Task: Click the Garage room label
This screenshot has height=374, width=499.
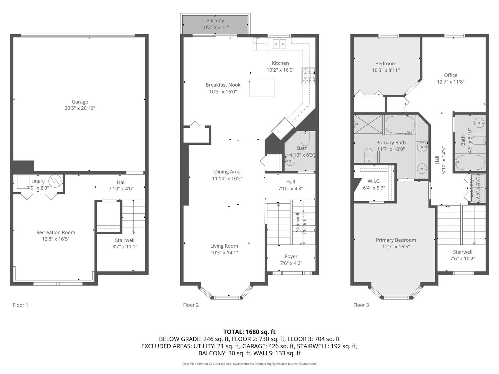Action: (80, 102)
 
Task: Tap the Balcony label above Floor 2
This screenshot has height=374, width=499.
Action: (215, 20)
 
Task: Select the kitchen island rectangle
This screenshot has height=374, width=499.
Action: (262, 88)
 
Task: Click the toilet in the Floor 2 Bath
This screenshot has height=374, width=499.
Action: (305, 140)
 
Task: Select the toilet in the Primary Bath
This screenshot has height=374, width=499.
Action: (368, 155)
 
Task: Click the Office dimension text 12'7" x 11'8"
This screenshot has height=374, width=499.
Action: (450, 82)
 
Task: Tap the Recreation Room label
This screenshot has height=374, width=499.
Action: (56, 232)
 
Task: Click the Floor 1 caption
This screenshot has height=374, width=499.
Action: (20, 305)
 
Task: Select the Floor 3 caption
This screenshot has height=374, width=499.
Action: (361, 305)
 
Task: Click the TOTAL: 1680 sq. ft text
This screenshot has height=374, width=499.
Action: (249, 332)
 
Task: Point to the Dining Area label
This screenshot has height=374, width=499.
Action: (227, 172)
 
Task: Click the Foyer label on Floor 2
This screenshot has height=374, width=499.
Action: (291, 256)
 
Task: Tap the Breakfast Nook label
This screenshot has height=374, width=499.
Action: (223, 85)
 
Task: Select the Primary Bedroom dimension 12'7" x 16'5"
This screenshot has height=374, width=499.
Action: (396, 247)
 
